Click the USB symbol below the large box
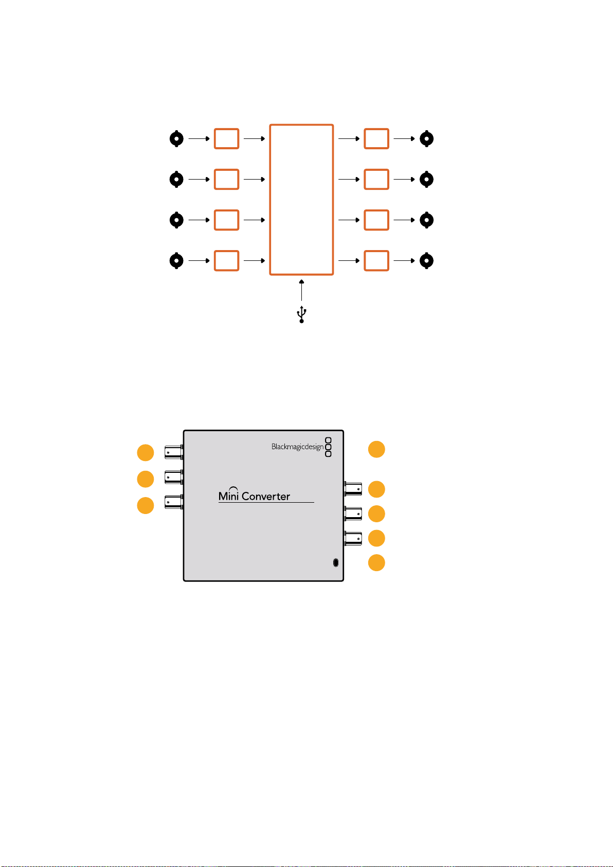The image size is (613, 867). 302,314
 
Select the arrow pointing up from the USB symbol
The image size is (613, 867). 302,290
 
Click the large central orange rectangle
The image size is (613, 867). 270,200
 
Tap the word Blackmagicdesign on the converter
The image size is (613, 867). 297,447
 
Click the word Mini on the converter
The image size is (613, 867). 228,495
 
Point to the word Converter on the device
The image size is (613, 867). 266,496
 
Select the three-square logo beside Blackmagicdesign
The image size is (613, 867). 328,447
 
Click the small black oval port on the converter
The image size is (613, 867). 336,563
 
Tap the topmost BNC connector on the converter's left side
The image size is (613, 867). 174,452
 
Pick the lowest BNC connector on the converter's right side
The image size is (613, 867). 353,538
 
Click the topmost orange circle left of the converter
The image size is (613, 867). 146,452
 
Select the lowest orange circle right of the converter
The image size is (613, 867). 376,563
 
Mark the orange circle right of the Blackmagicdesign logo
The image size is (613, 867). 376,449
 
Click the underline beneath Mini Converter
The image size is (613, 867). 266,502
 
